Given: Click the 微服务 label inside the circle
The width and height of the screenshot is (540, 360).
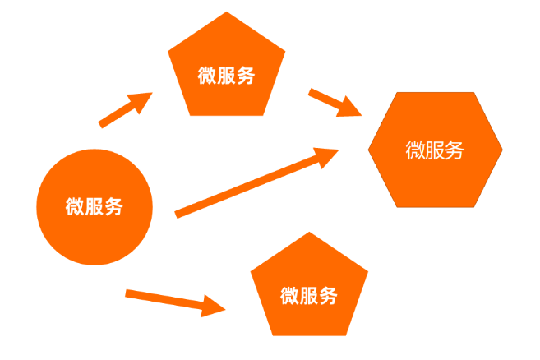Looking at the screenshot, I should click(95, 206).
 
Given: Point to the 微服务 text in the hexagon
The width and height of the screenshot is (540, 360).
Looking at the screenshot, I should click(435, 150).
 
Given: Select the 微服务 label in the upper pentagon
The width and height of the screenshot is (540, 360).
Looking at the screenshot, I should click(226, 76).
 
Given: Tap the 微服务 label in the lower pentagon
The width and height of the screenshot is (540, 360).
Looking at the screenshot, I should click(308, 295).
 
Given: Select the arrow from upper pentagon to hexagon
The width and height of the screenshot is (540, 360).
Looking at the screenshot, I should click(335, 103).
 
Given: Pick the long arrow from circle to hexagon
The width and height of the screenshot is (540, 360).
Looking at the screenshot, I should click(255, 182).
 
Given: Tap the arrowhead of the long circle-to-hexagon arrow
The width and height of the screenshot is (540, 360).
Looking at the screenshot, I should click(326, 155).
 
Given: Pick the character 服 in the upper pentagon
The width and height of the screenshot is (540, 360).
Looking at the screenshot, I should click(226, 76).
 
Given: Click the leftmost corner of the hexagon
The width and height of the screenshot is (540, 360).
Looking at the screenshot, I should click(368, 150).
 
